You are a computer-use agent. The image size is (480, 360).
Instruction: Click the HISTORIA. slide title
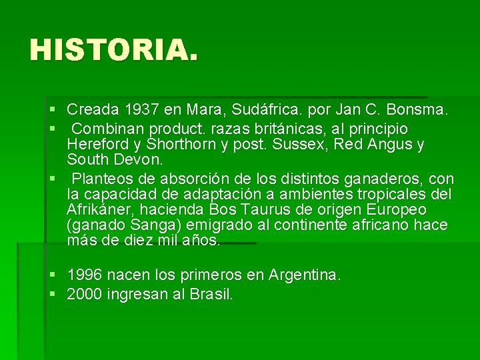[x=114, y=50]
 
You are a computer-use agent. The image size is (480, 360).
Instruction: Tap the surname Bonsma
[x=423, y=109]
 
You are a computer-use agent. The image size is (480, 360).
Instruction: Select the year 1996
[x=85, y=275]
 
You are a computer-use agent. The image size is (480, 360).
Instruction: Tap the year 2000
[x=85, y=294]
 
